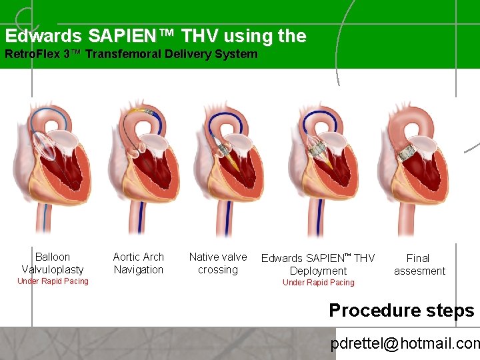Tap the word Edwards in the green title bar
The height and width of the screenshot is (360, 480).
44,36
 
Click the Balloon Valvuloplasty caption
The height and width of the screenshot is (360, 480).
53,263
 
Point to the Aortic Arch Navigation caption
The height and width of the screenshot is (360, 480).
138,263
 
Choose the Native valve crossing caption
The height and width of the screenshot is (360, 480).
218,263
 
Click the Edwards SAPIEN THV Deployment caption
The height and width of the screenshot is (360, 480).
318,264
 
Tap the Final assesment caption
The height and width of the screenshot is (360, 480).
419,264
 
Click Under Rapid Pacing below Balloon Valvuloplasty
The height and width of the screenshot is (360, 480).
53,281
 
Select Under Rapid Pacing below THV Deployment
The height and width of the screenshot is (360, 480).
318,283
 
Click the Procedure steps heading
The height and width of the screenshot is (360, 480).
401,311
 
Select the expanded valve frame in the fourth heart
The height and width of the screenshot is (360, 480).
317,149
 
